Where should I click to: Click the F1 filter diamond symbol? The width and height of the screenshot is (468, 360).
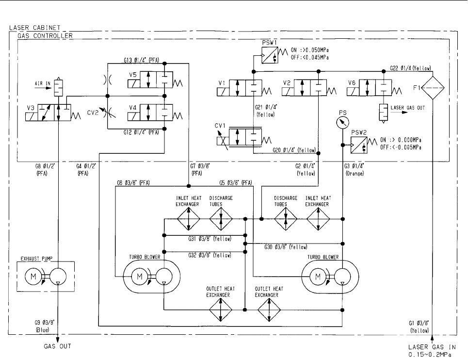[x=433, y=88]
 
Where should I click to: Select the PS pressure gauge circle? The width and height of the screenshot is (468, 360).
[x=343, y=122]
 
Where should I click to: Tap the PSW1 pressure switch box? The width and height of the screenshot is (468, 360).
[x=270, y=55]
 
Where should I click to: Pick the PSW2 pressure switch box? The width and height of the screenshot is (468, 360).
[x=359, y=145]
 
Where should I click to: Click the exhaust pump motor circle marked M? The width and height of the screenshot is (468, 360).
[x=33, y=277]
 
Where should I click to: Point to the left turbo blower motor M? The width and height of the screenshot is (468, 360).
[x=139, y=277]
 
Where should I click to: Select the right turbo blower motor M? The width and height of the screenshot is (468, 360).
[x=318, y=277]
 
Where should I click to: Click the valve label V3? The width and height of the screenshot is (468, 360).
[x=31, y=108]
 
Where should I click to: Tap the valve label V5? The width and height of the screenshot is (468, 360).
[x=133, y=75]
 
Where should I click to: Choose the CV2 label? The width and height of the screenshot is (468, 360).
[x=93, y=113]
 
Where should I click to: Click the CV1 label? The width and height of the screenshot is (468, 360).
[x=220, y=126]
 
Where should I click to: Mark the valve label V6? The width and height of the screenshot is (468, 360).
[x=352, y=82]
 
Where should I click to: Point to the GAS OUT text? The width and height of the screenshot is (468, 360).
[x=58, y=346]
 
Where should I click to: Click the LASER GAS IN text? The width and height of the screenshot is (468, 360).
[x=432, y=347]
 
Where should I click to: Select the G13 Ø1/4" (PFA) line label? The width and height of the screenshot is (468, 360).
[x=142, y=60]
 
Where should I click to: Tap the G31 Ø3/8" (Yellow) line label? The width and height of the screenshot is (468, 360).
[x=210, y=239]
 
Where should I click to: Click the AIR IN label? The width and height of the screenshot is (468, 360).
[x=43, y=83]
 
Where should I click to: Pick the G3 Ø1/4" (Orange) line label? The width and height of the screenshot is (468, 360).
[x=355, y=169]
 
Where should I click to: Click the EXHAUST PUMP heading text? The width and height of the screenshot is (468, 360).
[x=36, y=259]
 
